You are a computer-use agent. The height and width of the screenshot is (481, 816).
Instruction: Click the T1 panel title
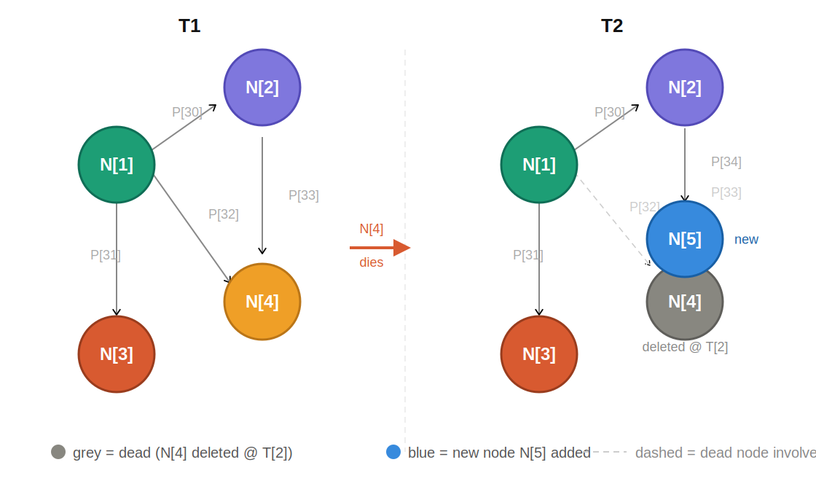click(x=189, y=26)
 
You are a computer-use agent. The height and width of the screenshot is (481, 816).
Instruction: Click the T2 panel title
click(x=612, y=26)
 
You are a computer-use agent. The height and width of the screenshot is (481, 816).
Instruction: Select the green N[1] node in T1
click(x=117, y=165)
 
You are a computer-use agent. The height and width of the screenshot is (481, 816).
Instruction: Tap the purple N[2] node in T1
click(x=262, y=87)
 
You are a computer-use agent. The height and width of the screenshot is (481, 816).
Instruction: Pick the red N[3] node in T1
click(x=117, y=354)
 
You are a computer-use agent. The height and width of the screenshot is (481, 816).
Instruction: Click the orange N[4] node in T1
click(x=262, y=302)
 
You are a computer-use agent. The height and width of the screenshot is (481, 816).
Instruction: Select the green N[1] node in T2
click(x=539, y=165)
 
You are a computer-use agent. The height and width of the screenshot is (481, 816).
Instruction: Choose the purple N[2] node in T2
click(x=685, y=87)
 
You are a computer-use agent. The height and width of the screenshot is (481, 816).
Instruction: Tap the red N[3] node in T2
click(x=539, y=354)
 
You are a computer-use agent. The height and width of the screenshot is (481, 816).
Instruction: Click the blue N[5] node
click(x=685, y=239)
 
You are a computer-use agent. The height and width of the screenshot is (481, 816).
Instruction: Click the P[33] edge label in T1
click(x=304, y=195)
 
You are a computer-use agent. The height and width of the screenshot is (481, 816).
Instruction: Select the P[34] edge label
click(x=726, y=162)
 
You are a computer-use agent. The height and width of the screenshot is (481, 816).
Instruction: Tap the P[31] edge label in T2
click(x=528, y=255)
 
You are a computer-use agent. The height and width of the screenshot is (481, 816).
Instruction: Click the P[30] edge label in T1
click(x=187, y=112)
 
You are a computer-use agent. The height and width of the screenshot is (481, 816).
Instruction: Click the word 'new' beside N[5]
click(x=746, y=240)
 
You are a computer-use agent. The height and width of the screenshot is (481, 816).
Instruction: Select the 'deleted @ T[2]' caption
click(x=685, y=347)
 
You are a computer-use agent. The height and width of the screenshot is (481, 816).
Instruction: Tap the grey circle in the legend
click(x=58, y=452)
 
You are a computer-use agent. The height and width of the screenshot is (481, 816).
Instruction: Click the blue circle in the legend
click(x=393, y=452)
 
